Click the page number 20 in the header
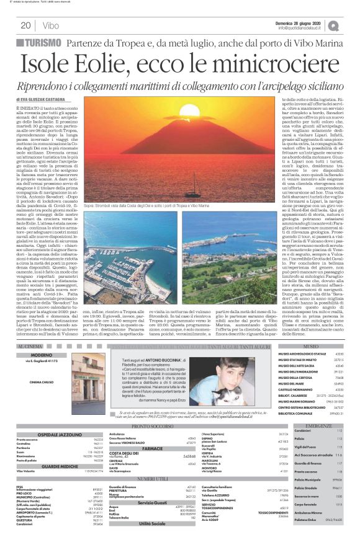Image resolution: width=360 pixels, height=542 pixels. [26, 26]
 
